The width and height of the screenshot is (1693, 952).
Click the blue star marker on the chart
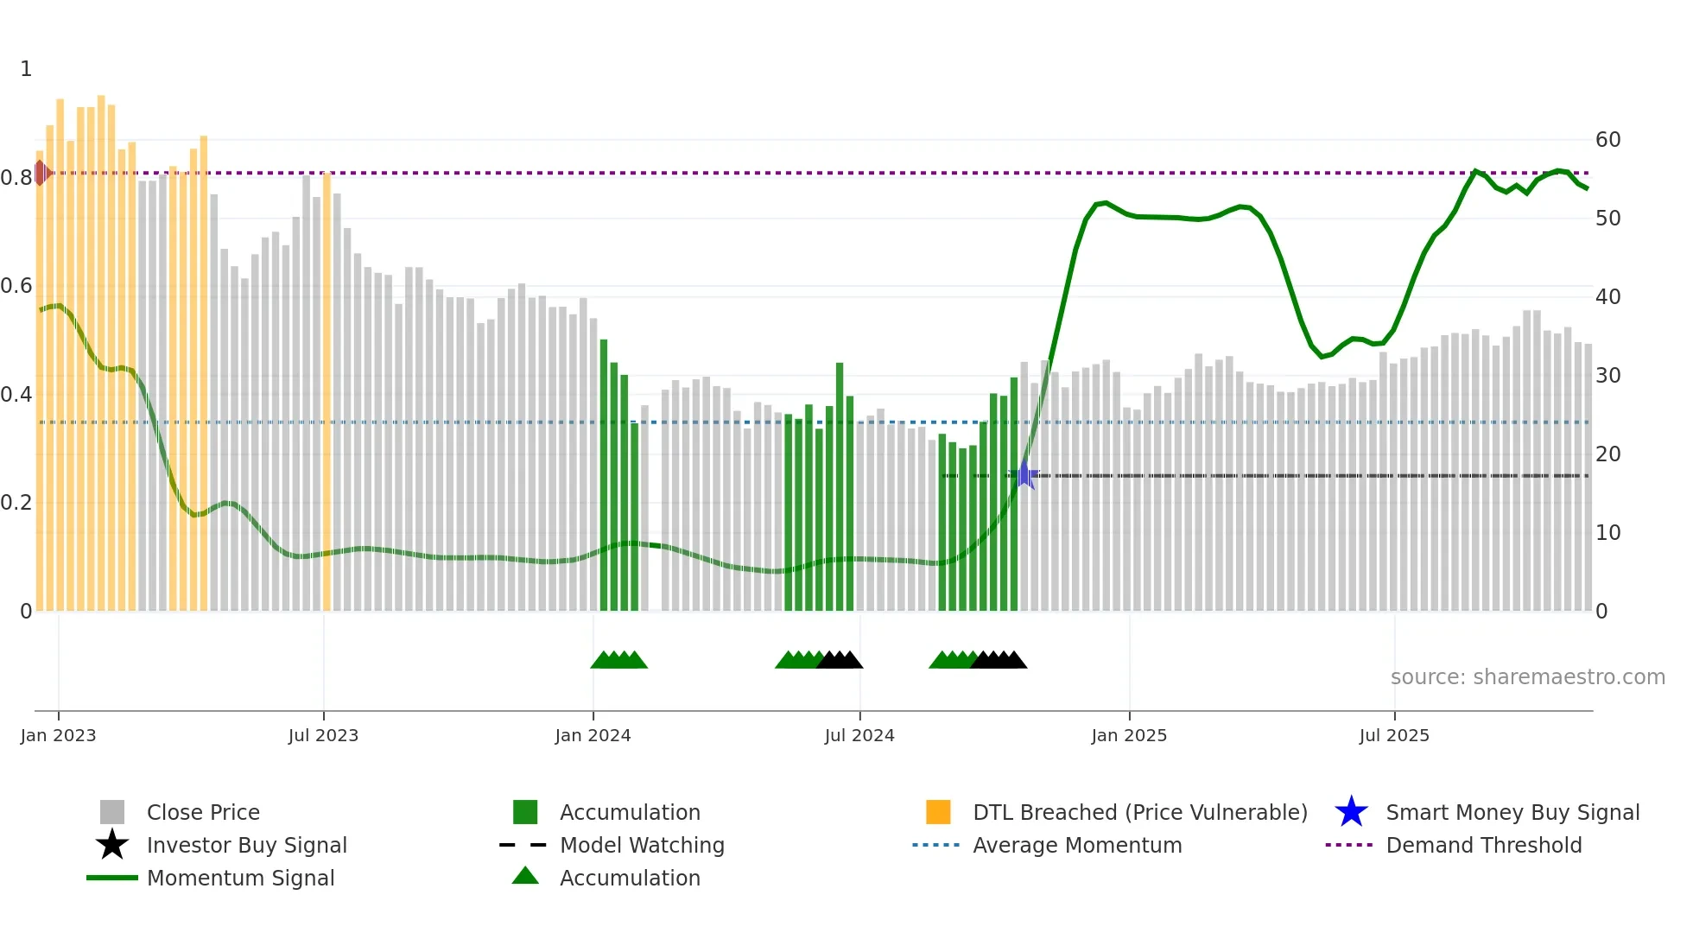[1024, 474]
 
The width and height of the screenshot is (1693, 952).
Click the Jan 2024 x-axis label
[593, 735]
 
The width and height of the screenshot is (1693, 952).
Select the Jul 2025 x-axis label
[1394, 735]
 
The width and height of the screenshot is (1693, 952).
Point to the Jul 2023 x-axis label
[323, 735]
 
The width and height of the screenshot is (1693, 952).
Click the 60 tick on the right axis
[1607, 140]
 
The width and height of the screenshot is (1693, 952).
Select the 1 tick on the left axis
[26, 69]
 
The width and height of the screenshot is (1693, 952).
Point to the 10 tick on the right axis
[1607, 533]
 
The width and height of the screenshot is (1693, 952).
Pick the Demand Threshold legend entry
[1483, 846]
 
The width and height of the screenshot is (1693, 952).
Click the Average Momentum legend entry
[1076, 846]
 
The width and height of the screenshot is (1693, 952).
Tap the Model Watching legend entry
[642, 846]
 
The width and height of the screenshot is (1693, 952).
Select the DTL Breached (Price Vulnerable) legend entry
[1139, 813]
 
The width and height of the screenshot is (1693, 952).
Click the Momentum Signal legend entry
[240, 879]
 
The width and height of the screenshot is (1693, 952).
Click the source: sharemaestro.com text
[1527, 677]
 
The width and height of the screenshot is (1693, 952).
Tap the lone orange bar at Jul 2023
[327, 389]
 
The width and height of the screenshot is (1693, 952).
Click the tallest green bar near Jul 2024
[840, 484]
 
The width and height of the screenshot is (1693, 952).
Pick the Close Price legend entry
[203, 813]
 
